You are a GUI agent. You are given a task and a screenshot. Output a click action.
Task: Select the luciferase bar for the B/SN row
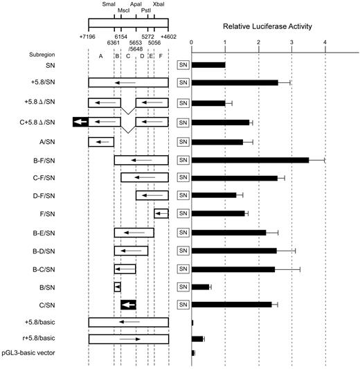(201, 286)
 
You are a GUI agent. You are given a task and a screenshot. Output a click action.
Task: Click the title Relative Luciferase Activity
(267, 27)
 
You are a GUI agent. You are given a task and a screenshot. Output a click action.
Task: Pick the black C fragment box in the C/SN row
(128, 305)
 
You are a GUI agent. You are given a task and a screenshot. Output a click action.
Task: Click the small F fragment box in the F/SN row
(161, 214)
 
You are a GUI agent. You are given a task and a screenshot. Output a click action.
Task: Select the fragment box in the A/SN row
(101, 142)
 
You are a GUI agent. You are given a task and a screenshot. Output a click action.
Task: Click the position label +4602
(168, 36)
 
